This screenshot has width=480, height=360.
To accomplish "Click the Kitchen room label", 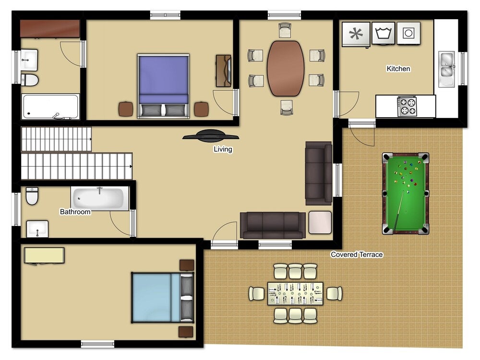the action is pos(398,69).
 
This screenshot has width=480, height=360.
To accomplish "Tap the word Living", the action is pos(223,149).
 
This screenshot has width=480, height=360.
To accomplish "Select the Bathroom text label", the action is pos(75,212).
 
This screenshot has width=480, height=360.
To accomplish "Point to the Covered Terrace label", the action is pos(357,254).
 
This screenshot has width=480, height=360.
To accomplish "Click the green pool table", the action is pos(406,193).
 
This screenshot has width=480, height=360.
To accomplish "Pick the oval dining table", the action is pos(286,68).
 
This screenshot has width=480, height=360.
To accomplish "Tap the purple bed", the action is pos(164,86).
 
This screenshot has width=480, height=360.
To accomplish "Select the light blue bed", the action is pos(163,298).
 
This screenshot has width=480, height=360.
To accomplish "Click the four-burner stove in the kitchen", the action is pos(407,106).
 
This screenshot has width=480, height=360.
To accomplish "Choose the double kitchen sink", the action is pos(446,69).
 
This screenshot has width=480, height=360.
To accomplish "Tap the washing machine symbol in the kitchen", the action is pos(383,33).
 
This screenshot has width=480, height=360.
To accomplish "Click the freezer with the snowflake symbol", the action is pos(356,34).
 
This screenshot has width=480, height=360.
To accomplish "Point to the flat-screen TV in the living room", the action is pos(211,136).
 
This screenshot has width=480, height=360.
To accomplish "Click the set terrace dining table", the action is pos(295,294).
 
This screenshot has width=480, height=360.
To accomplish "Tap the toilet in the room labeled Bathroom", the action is pos(32,196).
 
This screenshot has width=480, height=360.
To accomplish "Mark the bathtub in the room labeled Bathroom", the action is pos(100,198).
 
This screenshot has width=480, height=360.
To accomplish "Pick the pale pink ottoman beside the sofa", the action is pos(320,223).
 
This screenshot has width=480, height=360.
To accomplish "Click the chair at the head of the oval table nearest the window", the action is pos(285,30).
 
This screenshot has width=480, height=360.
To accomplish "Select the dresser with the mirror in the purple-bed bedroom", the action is pos(224,71).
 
